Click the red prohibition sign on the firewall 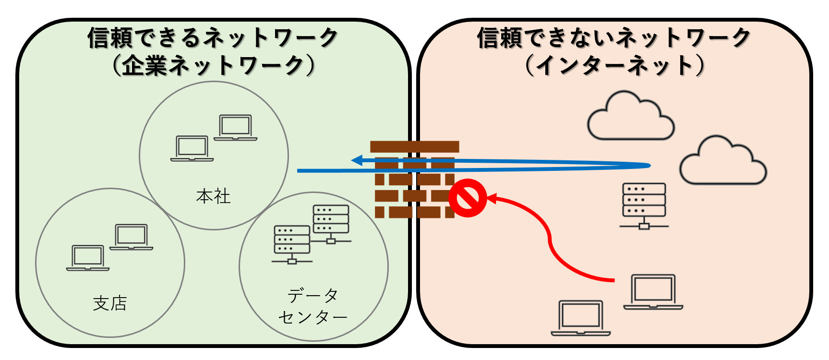(x=468, y=198)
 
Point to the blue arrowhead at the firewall (x=357, y=160)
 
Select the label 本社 (x=213, y=196)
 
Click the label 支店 (x=110, y=303)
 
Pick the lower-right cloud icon (x=723, y=161)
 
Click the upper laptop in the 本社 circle (x=235, y=128)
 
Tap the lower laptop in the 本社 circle (x=192, y=149)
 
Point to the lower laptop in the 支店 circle (x=88, y=258)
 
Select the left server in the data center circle (x=292, y=244)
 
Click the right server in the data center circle (x=331, y=223)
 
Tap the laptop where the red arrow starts (x=653, y=292)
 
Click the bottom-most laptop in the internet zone (x=581, y=318)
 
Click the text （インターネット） (x=614, y=65)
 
